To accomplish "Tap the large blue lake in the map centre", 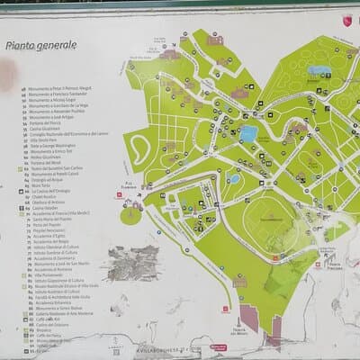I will click(x=248, y=134).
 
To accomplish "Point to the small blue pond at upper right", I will click(x=319, y=68).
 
